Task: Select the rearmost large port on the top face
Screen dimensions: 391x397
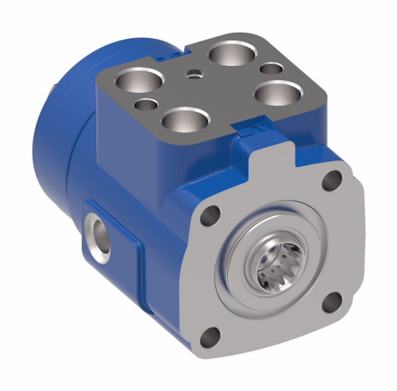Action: [229, 53]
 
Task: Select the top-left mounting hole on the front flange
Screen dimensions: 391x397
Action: [210, 214]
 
